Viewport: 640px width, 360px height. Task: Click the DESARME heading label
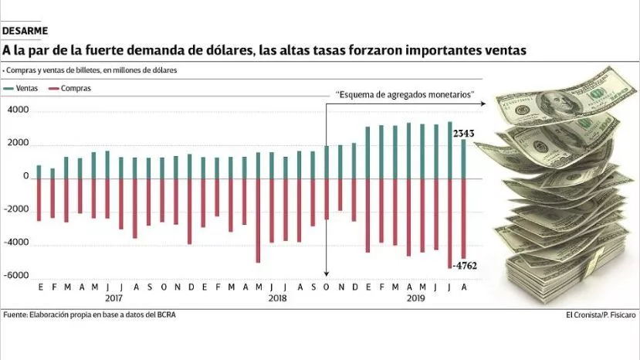(x=25, y=31)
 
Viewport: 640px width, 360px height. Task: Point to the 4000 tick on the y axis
(x=18, y=111)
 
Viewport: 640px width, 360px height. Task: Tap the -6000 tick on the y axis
(x=16, y=276)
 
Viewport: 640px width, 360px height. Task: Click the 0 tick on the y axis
(x=25, y=177)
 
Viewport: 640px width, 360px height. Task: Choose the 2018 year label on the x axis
(x=277, y=298)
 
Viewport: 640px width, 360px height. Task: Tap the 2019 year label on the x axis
(x=415, y=298)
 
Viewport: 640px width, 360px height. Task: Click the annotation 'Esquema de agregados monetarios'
(x=405, y=94)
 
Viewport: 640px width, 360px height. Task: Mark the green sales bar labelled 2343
(x=463, y=158)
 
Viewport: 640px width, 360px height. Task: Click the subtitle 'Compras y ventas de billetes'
(x=91, y=70)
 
